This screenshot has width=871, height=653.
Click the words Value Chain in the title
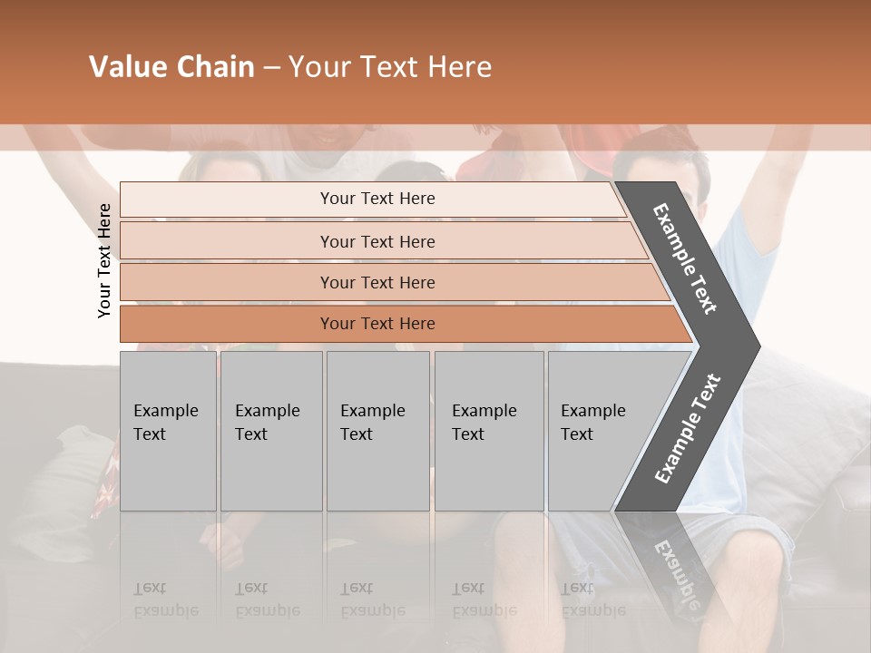(x=171, y=67)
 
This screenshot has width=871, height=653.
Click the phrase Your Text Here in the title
(x=390, y=67)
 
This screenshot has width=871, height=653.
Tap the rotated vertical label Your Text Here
(x=104, y=260)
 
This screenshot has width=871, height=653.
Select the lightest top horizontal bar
(x=377, y=199)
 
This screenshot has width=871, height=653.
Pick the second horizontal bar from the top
(x=377, y=241)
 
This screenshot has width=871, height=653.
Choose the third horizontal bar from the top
(x=377, y=282)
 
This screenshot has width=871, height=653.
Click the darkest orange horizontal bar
(x=377, y=324)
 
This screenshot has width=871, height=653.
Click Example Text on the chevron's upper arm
(x=686, y=258)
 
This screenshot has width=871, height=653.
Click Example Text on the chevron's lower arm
(x=688, y=428)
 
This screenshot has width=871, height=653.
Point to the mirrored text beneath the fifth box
(x=592, y=599)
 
